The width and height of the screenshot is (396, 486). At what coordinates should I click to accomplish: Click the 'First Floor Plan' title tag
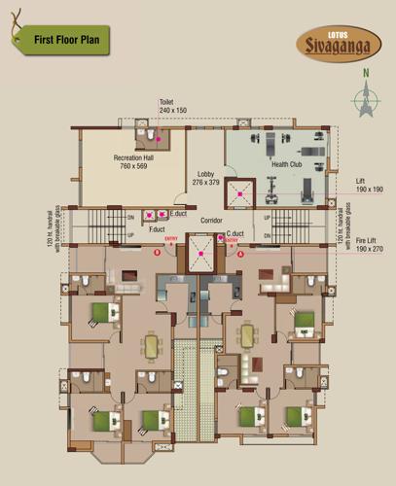(x=69, y=40)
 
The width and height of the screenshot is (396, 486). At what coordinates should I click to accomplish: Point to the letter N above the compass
(x=366, y=73)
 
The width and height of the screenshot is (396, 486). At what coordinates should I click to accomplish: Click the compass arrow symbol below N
(x=367, y=99)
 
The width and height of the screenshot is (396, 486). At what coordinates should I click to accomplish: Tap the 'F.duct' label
(x=156, y=229)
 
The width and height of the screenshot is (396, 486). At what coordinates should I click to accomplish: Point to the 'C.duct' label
(x=234, y=234)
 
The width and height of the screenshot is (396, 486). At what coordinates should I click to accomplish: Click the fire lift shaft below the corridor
(x=203, y=256)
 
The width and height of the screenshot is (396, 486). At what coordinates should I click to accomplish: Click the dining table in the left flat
(x=151, y=345)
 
